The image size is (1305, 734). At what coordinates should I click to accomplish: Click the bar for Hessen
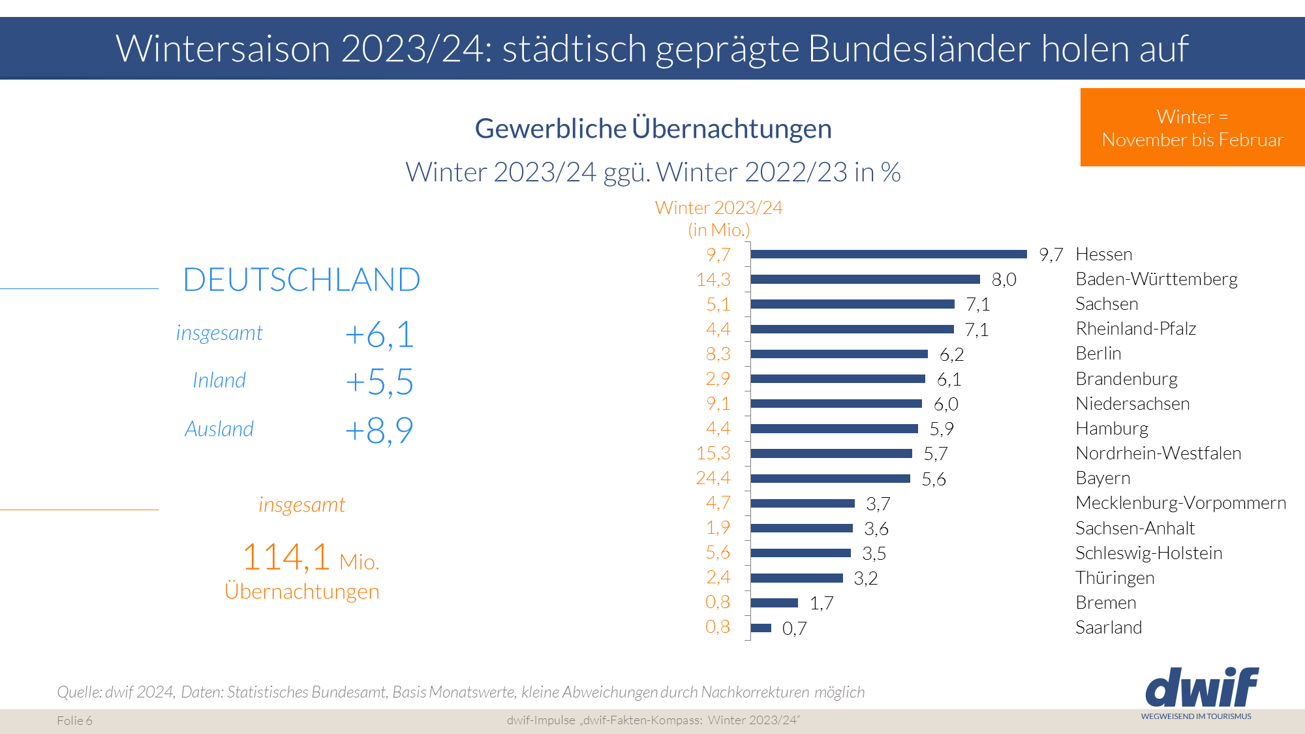(889, 254)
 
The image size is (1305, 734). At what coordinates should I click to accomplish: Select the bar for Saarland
(761, 628)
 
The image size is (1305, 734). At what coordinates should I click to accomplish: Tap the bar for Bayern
(830, 478)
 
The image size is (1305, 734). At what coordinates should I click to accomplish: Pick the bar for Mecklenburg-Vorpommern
(803, 503)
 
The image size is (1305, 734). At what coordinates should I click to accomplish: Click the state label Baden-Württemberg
(1156, 279)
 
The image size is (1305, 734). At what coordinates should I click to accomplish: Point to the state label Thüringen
(1114, 578)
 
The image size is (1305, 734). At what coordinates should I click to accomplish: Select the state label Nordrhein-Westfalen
(1158, 453)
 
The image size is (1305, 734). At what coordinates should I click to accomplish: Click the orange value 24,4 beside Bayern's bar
(713, 478)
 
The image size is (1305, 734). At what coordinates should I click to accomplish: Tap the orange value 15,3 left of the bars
(713, 453)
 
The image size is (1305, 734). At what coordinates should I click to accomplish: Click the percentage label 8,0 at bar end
(1004, 280)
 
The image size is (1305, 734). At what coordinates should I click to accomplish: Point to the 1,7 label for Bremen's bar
(821, 604)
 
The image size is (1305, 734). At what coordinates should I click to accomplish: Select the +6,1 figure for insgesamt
(379, 335)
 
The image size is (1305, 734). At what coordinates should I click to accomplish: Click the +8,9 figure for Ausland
(379, 431)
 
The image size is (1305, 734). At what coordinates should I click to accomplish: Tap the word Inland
(219, 380)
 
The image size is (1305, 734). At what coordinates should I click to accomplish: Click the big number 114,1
(286, 558)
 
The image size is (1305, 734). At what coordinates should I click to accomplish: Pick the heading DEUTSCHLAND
(301, 280)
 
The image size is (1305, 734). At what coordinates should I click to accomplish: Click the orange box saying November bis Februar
(1192, 128)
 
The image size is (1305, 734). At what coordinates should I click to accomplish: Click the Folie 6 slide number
(74, 720)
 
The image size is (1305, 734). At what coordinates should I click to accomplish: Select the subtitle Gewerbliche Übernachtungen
(652, 129)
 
